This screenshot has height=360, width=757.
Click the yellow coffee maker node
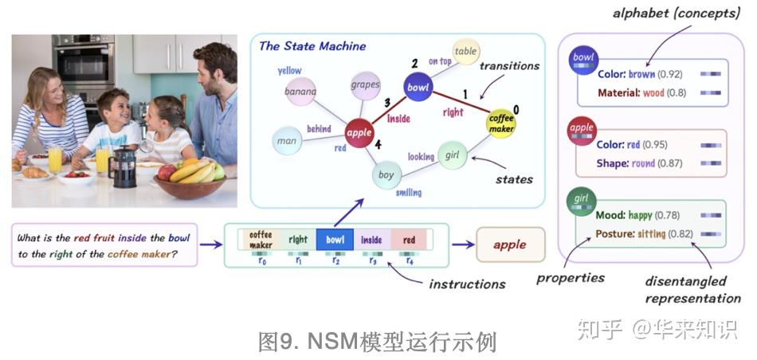coord(500,124)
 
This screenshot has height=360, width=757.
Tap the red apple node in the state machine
coord(359,133)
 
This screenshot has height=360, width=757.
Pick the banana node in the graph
coord(300,92)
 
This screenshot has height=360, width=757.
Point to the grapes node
coord(364,84)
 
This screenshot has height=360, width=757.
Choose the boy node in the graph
coord(386,174)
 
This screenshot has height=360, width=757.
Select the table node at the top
coord(465,52)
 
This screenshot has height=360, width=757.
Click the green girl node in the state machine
coord(452,155)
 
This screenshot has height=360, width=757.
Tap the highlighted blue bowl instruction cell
coord(335,239)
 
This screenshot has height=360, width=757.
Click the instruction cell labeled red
coord(409,239)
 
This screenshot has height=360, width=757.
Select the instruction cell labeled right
coord(298,239)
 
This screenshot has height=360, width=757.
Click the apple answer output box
coord(510,245)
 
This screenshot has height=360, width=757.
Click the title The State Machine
coord(312,46)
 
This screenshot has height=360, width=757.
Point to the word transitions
coord(510,66)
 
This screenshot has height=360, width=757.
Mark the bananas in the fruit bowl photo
coord(191,170)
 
